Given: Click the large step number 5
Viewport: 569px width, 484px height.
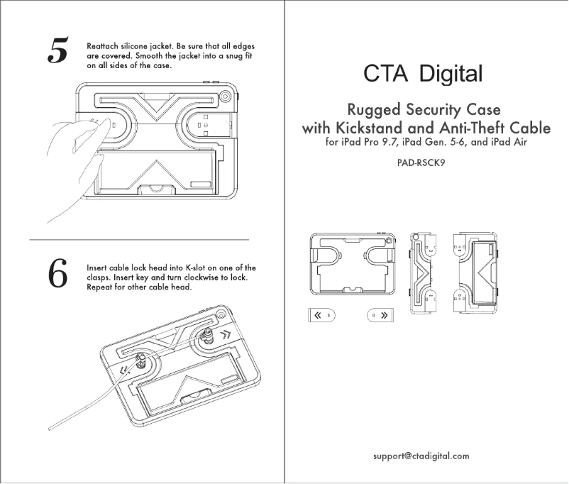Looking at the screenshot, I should point(56,50).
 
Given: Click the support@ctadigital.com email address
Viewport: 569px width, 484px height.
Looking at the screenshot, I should point(421,456).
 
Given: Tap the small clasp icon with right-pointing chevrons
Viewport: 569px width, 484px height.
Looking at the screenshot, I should point(380,315).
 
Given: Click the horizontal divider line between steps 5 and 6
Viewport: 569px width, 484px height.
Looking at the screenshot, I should point(139,241).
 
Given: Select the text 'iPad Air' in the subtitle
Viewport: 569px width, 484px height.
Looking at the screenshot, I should point(509,143).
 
